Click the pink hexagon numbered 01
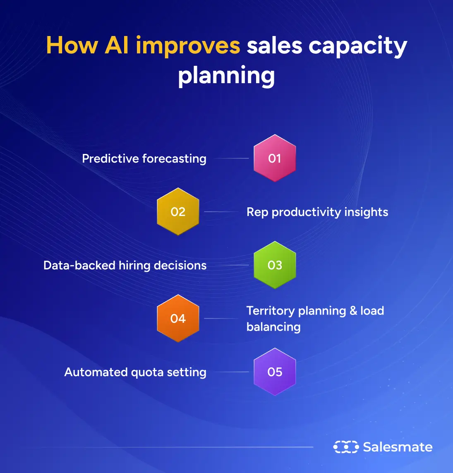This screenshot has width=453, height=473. [x=275, y=158]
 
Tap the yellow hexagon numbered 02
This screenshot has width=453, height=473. [x=178, y=211]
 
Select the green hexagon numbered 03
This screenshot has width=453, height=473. [x=275, y=265]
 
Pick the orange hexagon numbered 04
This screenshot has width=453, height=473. [x=178, y=318]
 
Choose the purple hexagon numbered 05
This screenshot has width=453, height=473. [x=275, y=372]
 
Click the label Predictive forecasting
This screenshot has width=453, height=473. [x=144, y=158]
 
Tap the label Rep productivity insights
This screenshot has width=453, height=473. [x=317, y=212]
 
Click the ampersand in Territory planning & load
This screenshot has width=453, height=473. [x=353, y=310]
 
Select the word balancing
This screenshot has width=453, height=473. [x=273, y=327]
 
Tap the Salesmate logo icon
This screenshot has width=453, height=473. [x=346, y=447]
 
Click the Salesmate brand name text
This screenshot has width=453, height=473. [x=398, y=447]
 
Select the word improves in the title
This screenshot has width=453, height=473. [x=188, y=46]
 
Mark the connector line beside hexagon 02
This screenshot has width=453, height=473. [x=221, y=211]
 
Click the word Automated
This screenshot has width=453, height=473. [x=96, y=372]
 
